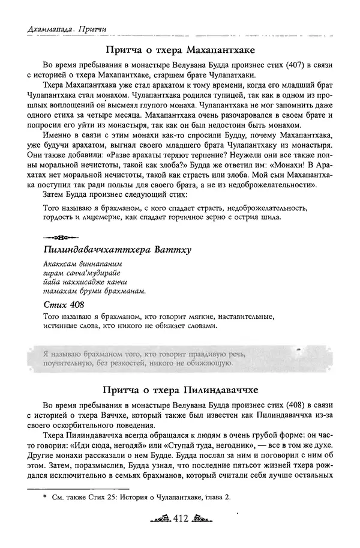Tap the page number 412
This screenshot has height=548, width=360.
181,518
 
